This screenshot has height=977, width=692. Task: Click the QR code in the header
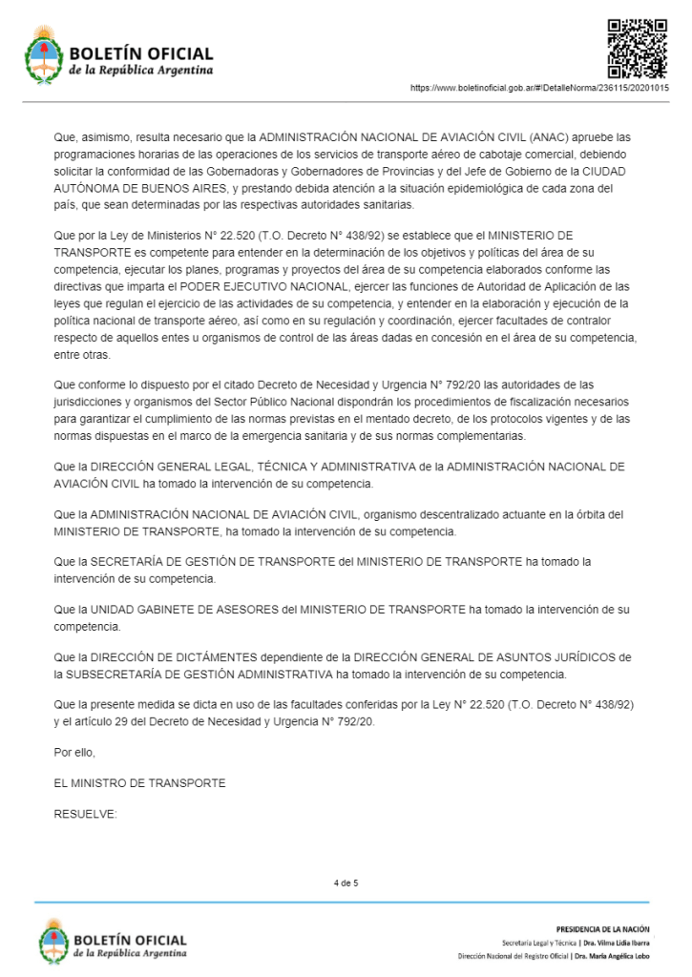(x=637, y=48)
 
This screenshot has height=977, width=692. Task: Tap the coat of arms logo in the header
(x=43, y=55)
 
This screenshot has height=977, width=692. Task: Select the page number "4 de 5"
(x=346, y=883)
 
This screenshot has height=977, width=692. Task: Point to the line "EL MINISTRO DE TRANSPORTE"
(x=140, y=783)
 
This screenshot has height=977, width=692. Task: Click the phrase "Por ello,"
(x=75, y=754)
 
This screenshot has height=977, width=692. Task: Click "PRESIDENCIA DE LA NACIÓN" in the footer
(x=601, y=927)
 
